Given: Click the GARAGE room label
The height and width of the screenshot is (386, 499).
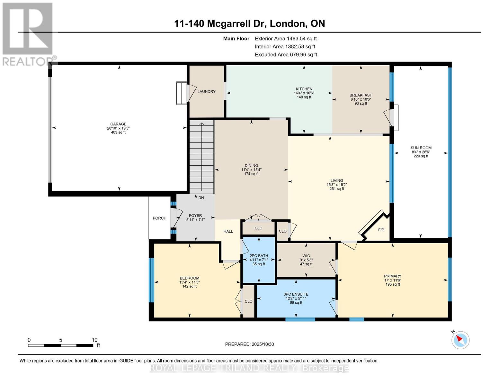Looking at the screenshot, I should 118,124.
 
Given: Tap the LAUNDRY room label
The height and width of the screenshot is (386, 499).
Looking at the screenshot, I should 206,92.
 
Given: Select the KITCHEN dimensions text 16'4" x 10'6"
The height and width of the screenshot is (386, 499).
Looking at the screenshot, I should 304,93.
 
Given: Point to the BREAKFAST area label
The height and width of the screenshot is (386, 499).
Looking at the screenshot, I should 361,95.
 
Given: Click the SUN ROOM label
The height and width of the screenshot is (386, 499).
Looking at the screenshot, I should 421,148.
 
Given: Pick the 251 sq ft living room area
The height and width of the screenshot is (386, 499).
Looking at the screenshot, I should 337,189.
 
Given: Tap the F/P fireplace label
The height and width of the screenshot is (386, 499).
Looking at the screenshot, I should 381,230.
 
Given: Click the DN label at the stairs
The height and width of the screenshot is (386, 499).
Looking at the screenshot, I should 201,198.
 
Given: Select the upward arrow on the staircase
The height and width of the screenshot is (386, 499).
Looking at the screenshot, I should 202,125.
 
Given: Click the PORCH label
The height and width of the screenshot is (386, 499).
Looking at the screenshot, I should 159,218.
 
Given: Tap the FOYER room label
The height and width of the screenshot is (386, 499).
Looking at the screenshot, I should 195,216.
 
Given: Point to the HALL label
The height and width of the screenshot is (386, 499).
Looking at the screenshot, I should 228,231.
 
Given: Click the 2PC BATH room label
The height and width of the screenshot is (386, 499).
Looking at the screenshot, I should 259,256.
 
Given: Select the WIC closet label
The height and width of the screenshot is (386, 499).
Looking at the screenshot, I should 306,256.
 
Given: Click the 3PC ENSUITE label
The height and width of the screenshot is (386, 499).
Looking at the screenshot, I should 296,294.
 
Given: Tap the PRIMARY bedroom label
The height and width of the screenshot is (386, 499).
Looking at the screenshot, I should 393,276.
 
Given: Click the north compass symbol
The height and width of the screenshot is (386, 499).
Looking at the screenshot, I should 460,340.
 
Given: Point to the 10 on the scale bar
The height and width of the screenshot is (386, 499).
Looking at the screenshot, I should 94,340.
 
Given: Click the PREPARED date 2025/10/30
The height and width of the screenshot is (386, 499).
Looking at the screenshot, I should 249,344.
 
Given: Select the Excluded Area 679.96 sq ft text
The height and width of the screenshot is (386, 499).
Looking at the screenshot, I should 286,55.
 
